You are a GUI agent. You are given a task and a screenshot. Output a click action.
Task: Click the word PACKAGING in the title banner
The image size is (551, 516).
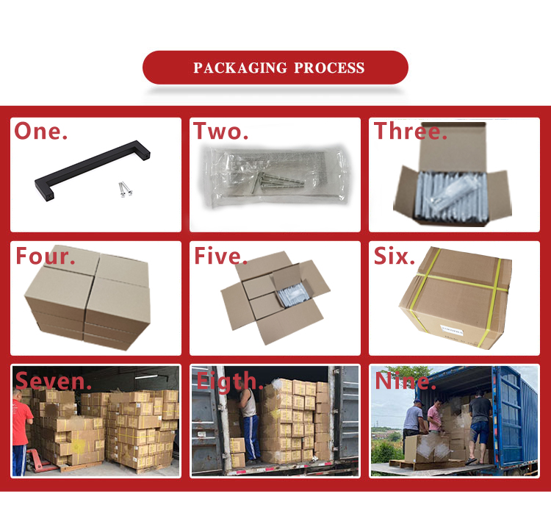click(x=240, y=68)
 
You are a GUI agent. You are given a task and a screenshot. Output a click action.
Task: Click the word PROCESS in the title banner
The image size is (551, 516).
click(x=329, y=68)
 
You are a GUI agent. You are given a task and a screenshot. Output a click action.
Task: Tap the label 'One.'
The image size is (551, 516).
click(x=40, y=131)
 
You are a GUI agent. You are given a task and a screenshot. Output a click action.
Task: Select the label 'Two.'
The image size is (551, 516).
click(x=221, y=131)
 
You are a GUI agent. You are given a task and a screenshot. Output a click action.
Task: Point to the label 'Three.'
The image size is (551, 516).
click(x=411, y=131)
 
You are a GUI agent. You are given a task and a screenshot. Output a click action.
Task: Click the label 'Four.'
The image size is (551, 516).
click(x=46, y=256)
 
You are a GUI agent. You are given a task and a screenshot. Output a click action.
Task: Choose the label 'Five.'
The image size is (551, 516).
click(x=220, y=256)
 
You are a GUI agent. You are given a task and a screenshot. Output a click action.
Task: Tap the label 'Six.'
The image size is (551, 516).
click(x=395, y=256)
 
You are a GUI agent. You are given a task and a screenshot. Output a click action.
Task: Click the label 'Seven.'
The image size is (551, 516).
click(x=54, y=381)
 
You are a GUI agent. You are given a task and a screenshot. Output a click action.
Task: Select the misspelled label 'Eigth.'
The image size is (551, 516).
click(x=230, y=381)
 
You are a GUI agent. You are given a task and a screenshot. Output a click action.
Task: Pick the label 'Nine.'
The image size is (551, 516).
click(x=406, y=381)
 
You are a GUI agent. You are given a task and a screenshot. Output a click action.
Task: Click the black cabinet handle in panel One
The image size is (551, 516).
click(x=93, y=171)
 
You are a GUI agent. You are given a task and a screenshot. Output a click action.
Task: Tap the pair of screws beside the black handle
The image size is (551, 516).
click(x=125, y=189)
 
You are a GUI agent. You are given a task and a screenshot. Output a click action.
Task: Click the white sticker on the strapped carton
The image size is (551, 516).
click(x=452, y=330)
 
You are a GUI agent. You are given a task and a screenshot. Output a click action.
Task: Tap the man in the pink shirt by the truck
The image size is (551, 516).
click(x=435, y=415)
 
